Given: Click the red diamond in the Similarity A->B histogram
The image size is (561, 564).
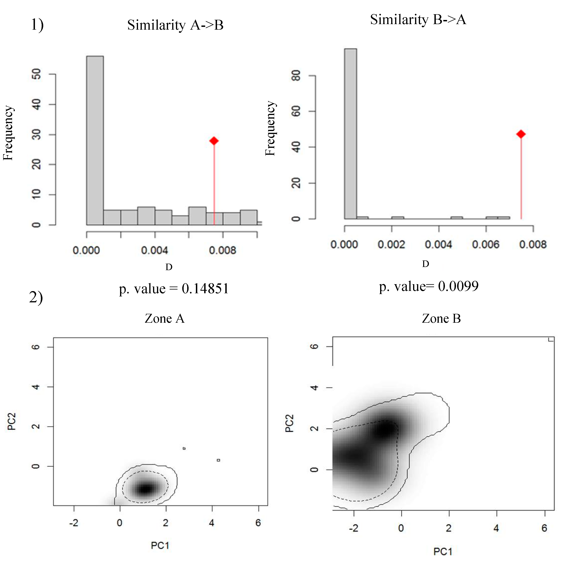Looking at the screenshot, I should tap(214, 141).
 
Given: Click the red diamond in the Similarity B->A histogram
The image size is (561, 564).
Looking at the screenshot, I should tap(521, 134).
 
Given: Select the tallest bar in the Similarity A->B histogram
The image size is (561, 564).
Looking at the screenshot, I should tap(95, 140).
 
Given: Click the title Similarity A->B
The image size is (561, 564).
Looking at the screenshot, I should tap(175, 25).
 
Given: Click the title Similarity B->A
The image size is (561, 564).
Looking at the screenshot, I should tap(418, 20).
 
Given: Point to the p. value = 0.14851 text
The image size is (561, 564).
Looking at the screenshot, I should tap(174, 289).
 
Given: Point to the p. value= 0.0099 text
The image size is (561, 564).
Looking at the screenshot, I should tap(429, 286).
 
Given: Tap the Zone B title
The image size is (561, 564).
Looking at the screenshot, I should tap(441, 319).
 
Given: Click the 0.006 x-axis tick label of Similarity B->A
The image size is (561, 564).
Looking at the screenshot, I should tap(486, 244).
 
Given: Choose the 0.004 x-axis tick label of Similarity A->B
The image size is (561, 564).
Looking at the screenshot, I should tap(155, 250).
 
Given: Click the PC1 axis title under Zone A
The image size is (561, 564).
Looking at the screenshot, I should tap(160, 545).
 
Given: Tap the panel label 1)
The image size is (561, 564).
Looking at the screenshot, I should tap(37, 25).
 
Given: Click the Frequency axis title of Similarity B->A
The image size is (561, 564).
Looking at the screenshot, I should tap(270, 128).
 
